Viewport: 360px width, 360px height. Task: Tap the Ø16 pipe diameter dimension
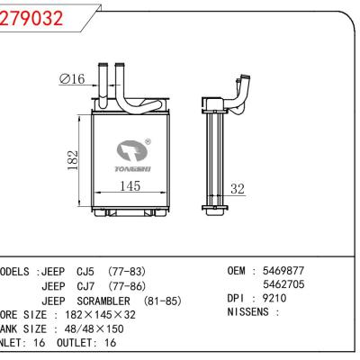point(72,80)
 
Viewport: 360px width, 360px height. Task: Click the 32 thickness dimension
point(238,189)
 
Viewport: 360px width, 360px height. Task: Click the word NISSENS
point(250,313)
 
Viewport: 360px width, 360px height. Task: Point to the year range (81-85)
point(168,300)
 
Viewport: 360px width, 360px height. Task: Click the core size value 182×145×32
point(92,314)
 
